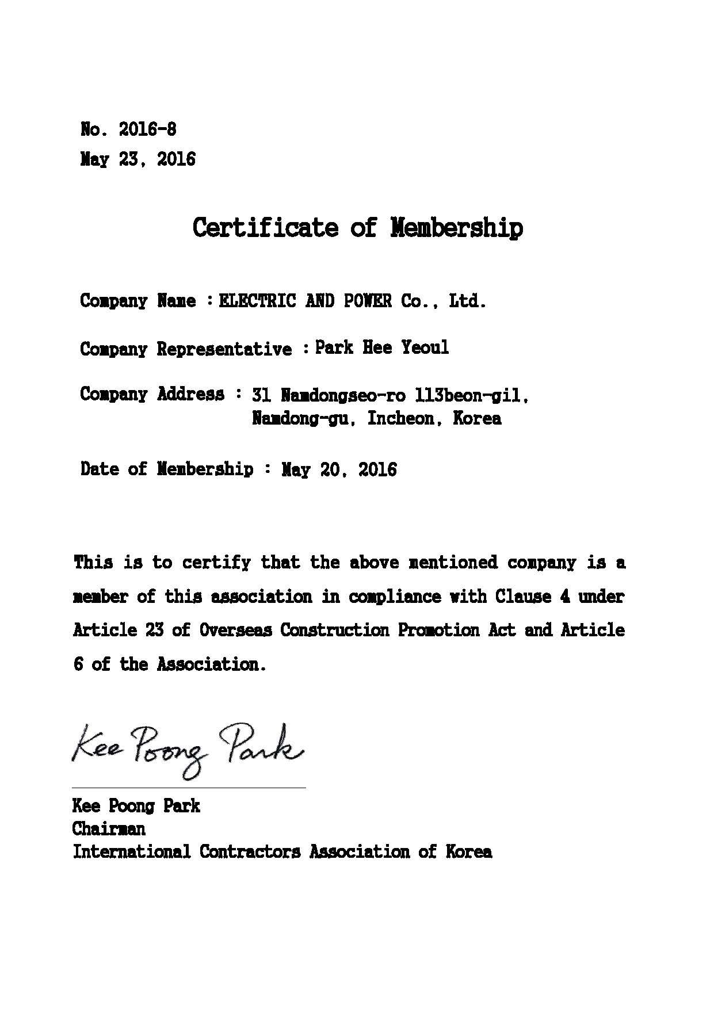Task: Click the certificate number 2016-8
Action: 147,129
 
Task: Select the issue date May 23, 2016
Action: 138,159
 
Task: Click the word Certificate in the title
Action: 265,227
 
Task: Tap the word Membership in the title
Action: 457,227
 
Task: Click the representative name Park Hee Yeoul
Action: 382,347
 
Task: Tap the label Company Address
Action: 152,395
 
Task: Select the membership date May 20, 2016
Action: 339,469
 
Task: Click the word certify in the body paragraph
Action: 216,562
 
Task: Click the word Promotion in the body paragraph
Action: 438,630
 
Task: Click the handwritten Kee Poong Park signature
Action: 188,748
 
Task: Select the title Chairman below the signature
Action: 109,828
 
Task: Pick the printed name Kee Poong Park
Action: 136,805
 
